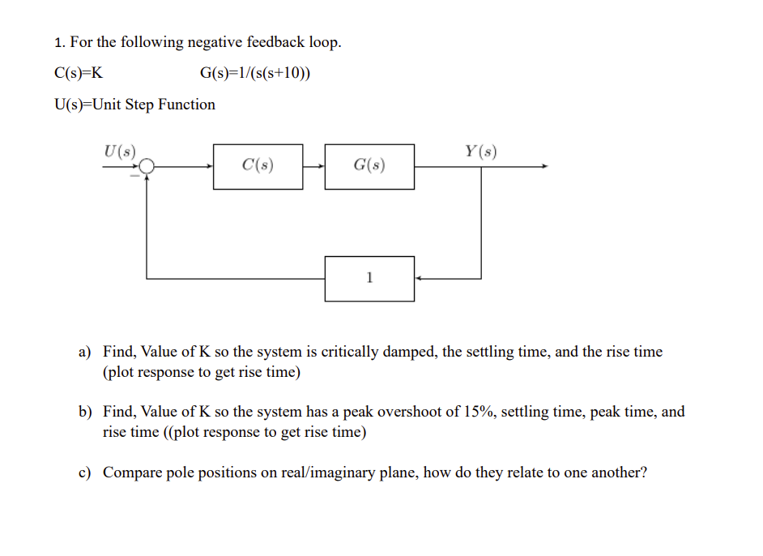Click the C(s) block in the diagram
tap(258, 167)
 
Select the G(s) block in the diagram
tap(369, 167)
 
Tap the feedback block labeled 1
tap(369, 279)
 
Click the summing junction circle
tap(146, 167)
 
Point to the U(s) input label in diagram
tap(120, 151)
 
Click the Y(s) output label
tap(480, 151)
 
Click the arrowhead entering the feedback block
tap(419, 279)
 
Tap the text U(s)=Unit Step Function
tap(134, 105)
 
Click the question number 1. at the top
tap(59, 43)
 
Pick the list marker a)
tap(85, 353)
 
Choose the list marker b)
tap(85, 413)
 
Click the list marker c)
tap(85, 473)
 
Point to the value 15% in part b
tap(479, 413)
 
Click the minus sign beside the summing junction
tap(135, 176)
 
